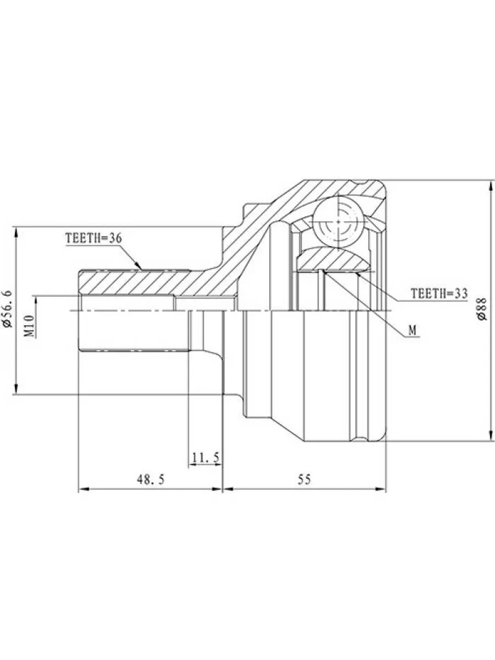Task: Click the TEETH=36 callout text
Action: tap(94, 239)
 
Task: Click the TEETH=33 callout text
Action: tap(439, 293)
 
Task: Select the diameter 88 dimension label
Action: tap(482, 309)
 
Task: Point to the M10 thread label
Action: tap(29, 326)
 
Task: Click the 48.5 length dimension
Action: tap(151, 479)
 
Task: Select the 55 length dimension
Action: tap(304, 479)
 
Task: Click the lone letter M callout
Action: tap(413, 331)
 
